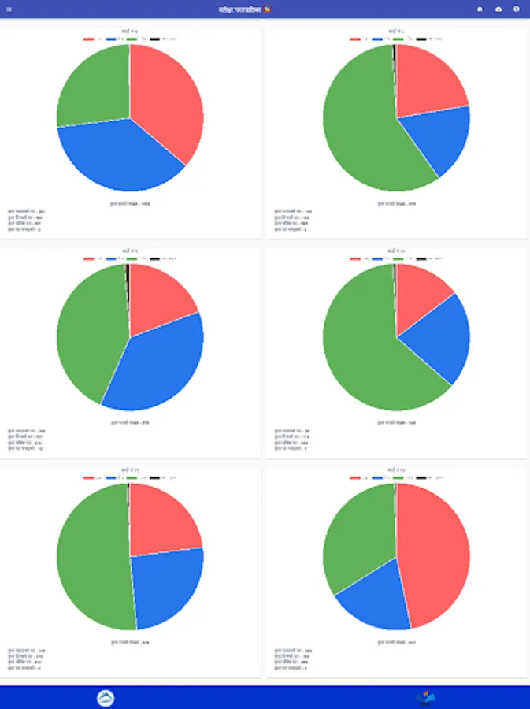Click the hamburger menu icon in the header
pyautogui.click(x=9, y=9)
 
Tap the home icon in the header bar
pyautogui.click(x=480, y=9)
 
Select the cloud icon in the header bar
pyautogui.click(x=498, y=9)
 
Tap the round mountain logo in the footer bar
pyautogui.click(x=106, y=698)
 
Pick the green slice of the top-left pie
pyautogui.click(x=91, y=87)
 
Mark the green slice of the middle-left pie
pyautogui.click(x=87, y=331)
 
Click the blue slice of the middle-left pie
pyautogui.click(x=158, y=362)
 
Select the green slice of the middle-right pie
pyautogui.click(x=362, y=347)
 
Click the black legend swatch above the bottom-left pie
pyautogui.click(x=154, y=477)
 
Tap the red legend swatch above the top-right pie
pyautogui.click(x=355, y=39)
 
